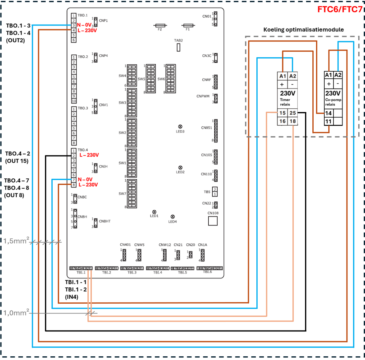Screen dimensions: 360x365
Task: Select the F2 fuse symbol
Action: pyautogui.click(x=160, y=25)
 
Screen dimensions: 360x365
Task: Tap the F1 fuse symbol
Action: pyautogui.click(x=188, y=25)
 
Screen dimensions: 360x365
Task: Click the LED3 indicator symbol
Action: pyautogui.click(x=181, y=127)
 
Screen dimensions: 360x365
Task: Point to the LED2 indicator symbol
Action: pyautogui.click(x=181, y=167)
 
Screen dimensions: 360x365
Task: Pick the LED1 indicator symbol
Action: pyautogui.click(x=154, y=211)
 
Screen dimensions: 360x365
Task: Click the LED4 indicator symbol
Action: pyautogui.click(x=172, y=216)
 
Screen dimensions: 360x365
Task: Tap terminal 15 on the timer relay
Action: pyautogui.click(x=283, y=113)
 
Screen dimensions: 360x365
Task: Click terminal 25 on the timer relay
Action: pyautogui.click(x=292, y=113)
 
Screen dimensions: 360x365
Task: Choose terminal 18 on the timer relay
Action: pyautogui.click(x=292, y=121)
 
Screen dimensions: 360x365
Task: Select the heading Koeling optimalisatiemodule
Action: pyautogui.click(x=303, y=30)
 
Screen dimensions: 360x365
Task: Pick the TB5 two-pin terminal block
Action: pyautogui.click(x=215, y=191)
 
